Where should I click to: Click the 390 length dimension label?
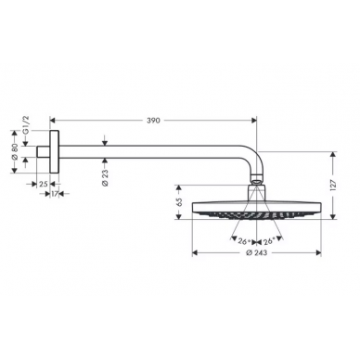click(x=153, y=121)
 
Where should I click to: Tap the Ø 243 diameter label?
click(x=256, y=252)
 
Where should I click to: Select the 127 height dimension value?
click(x=333, y=186)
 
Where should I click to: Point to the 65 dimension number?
click(x=178, y=202)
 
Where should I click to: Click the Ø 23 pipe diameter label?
click(x=105, y=178)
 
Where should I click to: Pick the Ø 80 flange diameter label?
click(x=15, y=152)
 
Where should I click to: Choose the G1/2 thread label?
click(x=26, y=125)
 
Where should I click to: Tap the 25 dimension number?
click(x=44, y=184)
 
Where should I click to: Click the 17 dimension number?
click(x=55, y=194)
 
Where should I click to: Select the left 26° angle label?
click(x=244, y=240)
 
